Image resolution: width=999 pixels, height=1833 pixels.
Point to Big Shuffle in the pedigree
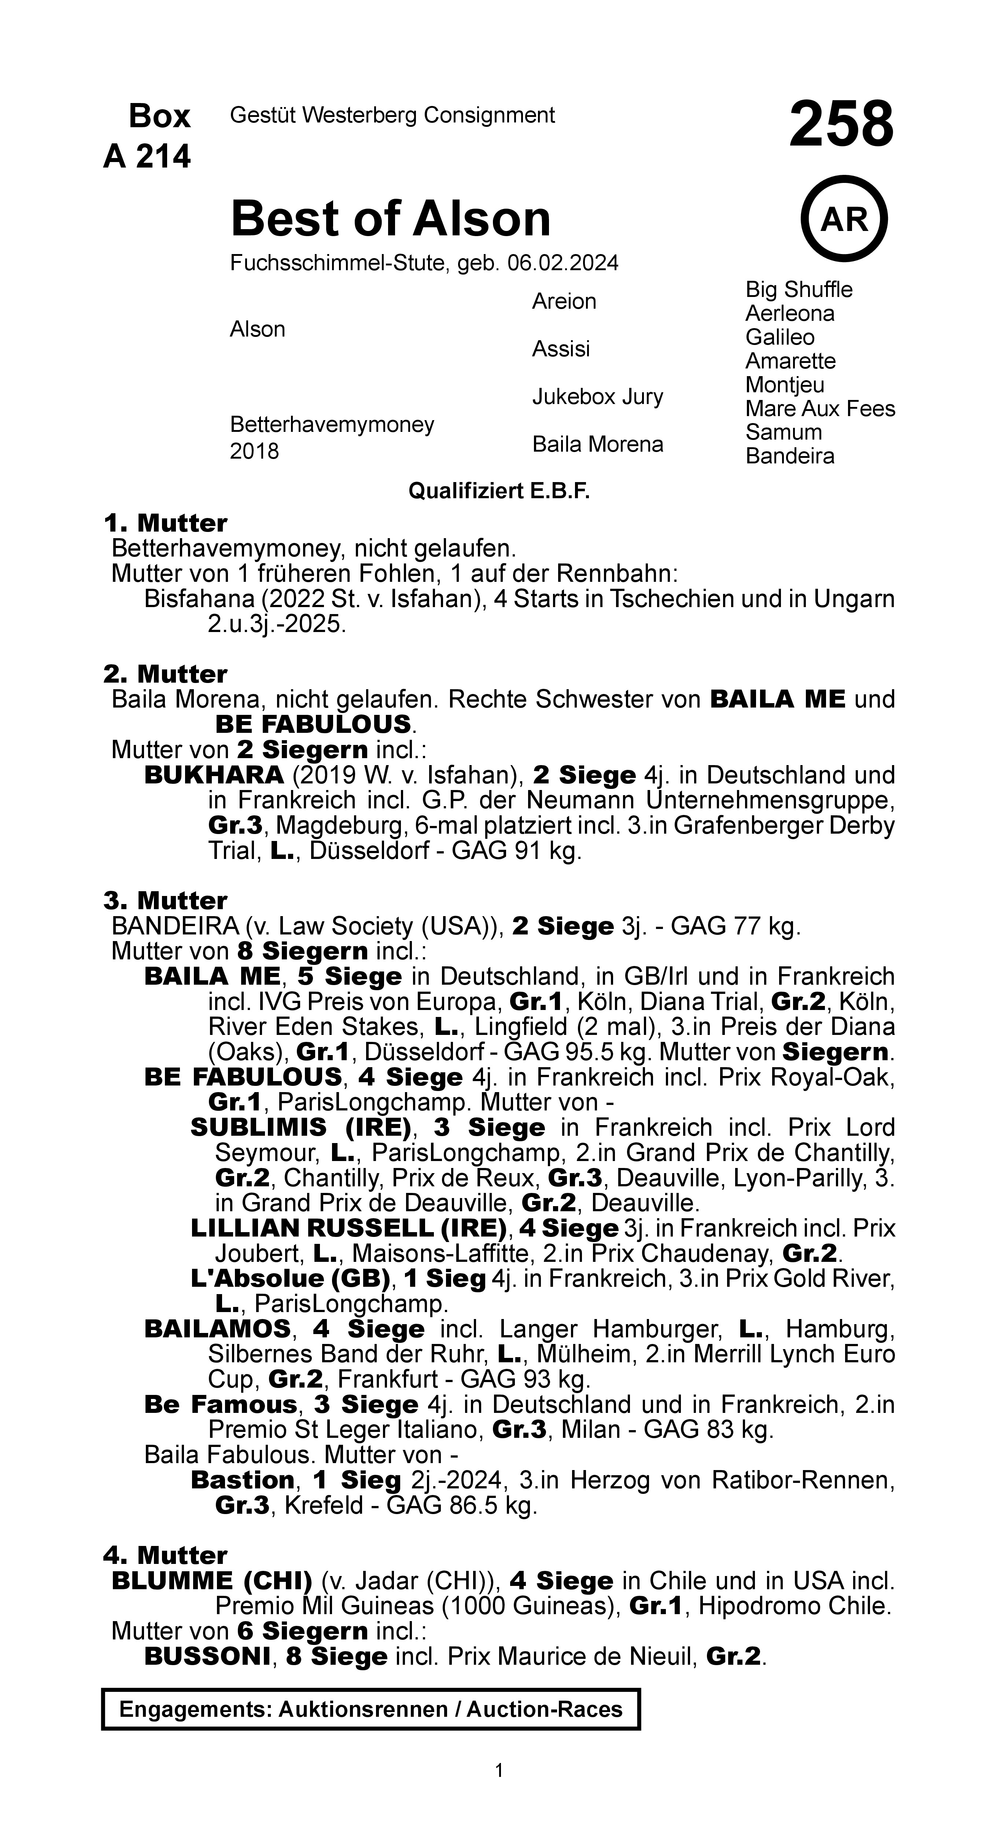pos(798,290)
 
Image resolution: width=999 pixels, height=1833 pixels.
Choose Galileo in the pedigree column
pos(780,337)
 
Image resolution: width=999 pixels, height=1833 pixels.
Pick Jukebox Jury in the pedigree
pos(597,396)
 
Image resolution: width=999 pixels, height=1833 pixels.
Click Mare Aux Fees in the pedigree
pos(820,408)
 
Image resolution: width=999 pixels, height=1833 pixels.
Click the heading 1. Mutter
pos(165,523)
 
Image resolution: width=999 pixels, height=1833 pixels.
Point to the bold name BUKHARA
pos(213,775)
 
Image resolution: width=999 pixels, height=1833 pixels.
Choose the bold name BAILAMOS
pos(217,1329)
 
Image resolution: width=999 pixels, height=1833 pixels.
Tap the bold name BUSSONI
pos(206,1656)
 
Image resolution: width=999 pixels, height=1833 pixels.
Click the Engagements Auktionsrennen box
pos(371,1709)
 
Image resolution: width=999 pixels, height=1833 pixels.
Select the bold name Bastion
pos(242,1480)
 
